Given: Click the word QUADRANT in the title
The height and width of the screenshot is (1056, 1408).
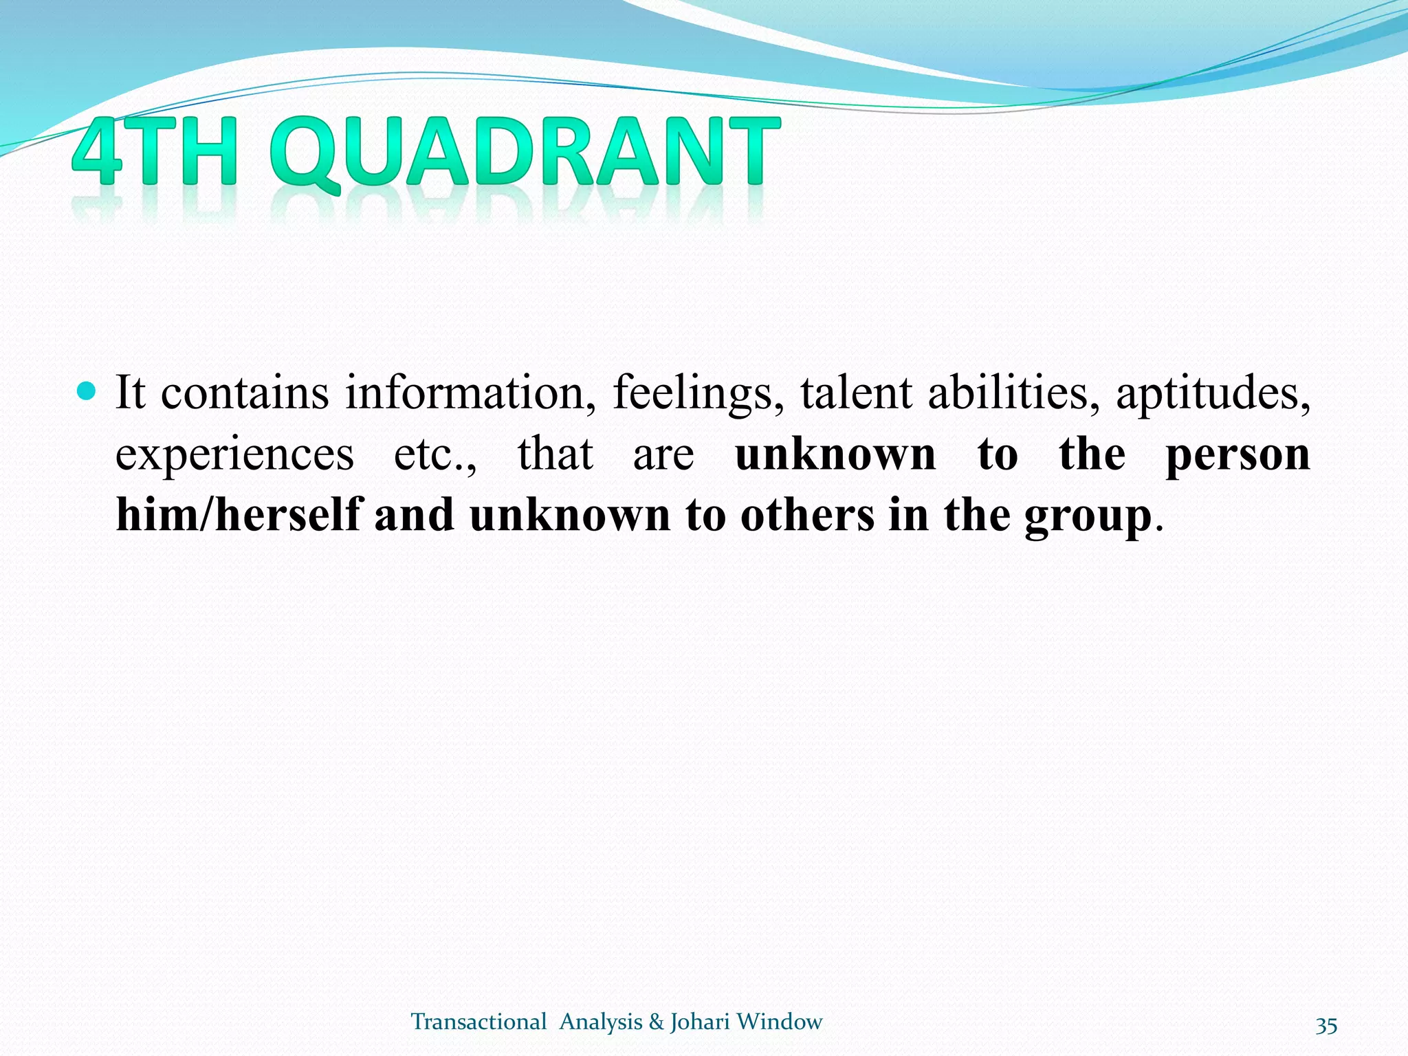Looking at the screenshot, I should (525, 153).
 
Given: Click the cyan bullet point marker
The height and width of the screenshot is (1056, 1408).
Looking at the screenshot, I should (87, 392).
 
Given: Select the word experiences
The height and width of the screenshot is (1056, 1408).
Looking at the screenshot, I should (234, 455).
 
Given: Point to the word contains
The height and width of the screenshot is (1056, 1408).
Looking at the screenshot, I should (245, 393).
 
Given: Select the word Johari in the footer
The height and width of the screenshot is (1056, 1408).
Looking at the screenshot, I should (699, 1022).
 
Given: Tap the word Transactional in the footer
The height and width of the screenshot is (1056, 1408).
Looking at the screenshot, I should (478, 1022).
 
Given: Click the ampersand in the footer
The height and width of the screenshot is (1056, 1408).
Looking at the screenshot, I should (656, 1022).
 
